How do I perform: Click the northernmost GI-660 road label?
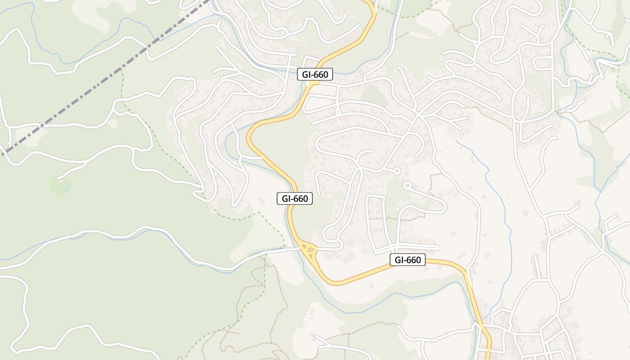tap(315, 75)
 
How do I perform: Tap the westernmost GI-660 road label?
tap(295, 198)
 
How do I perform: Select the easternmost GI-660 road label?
tap(407, 260)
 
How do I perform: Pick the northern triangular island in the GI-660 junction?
tap(306, 245)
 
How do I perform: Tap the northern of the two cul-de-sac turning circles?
tap(396, 171)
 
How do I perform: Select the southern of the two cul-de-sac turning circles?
tap(407, 185)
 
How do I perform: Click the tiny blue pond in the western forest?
tap(67, 189)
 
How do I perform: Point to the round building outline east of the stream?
tap(525, 212)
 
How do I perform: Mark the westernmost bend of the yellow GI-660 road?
tap(248, 137)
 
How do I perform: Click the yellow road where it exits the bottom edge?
tap(489, 358)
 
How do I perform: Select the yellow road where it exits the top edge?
tap(370, 2)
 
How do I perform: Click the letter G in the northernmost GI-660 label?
tap(305, 75)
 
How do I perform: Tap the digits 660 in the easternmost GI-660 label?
tap(413, 260)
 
